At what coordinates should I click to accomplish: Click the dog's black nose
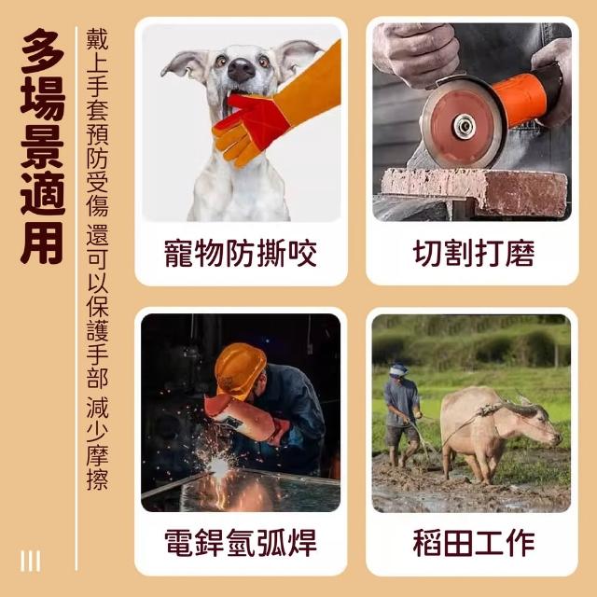click(241, 71)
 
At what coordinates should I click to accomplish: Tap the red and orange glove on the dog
click(274, 110)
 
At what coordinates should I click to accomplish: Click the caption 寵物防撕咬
click(241, 253)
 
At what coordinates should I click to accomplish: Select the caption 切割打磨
click(474, 253)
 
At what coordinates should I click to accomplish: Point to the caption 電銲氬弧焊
click(241, 543)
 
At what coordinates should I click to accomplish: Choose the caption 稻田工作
click(474, 543)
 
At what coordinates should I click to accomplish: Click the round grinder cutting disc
click(463, 124)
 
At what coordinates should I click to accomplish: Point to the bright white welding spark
click(220, 465)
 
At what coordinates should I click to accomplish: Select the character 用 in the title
click(43, 243)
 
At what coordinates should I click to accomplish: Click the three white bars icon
click(31, 561)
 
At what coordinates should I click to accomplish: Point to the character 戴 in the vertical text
click(97, 39)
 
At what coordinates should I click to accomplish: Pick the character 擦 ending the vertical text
click(97, 479)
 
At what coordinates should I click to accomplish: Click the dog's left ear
click(184, 64)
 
